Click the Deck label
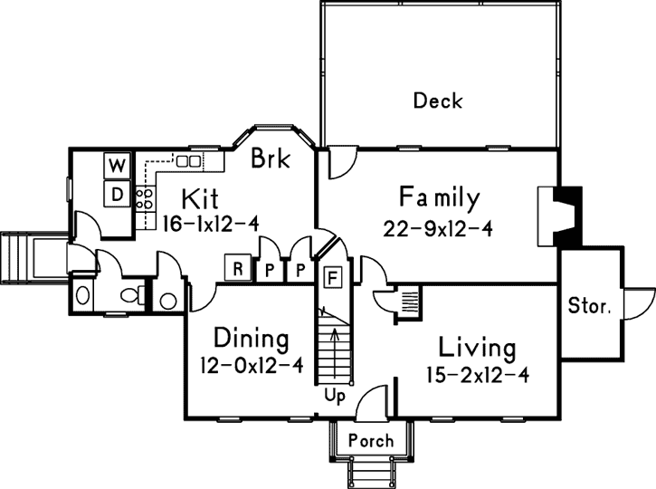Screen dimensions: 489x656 437,100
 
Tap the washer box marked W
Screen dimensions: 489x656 118,167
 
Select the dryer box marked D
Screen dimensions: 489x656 118,193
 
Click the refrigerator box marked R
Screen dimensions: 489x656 237,268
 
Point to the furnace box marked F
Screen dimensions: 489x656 332,276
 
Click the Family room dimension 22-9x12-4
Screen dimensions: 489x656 437,229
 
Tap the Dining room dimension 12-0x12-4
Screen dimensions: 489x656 252,368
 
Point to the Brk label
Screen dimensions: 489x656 270,159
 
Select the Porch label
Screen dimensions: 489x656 371,441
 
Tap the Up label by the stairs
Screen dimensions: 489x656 335,396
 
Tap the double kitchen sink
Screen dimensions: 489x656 188,160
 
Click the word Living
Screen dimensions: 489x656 477,347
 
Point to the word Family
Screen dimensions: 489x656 439,197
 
